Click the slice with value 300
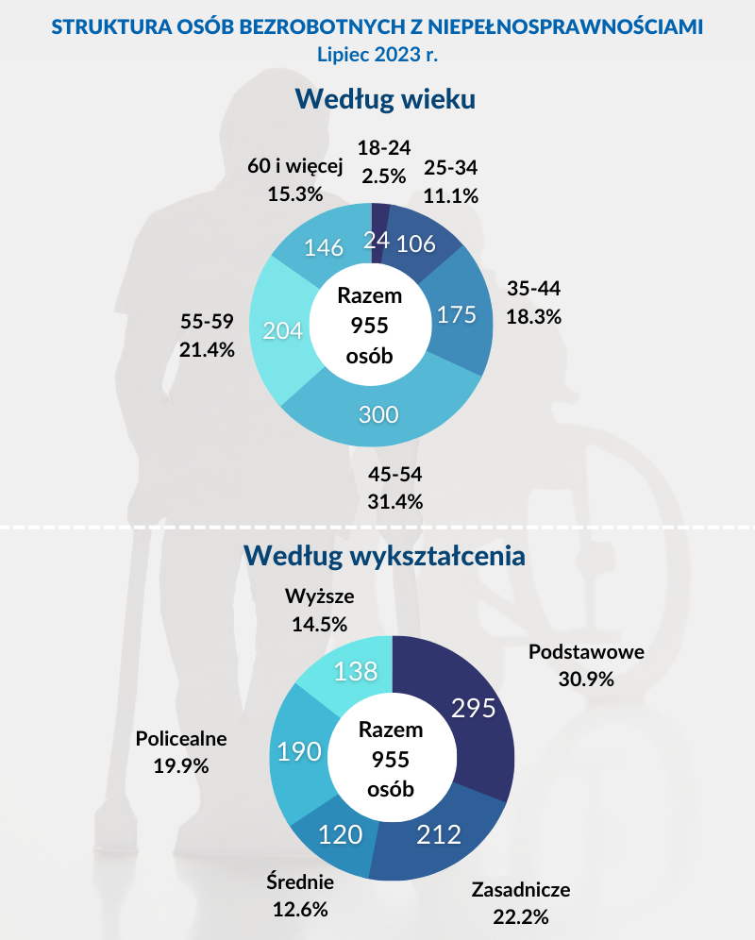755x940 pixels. [x=377, y=415]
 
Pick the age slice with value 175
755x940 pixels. [x=458, y=314]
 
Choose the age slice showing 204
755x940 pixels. [x=282, y=331]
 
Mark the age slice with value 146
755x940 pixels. [x=323, y=247]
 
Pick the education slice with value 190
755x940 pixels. [x=299, y=751]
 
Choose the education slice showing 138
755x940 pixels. [x=356, y=671]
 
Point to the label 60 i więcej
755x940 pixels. [x=294, y=166]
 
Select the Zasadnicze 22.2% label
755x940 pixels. [x=521, y=902]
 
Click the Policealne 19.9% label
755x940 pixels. [x=181, y=751]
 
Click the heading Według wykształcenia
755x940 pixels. [x=384, y=555]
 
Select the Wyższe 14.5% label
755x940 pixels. [x=320, y=610]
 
